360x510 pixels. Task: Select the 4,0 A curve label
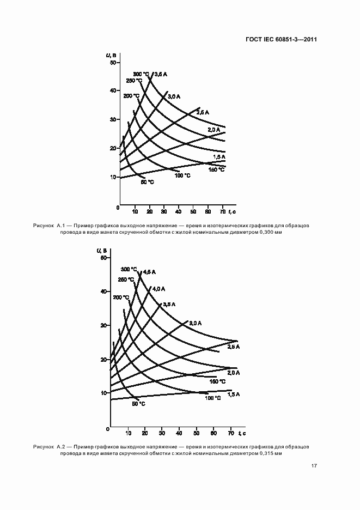[x=158, y=288]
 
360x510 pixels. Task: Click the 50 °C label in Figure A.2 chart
[x=138, y=404]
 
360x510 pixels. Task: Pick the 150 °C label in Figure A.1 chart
[x=217, y=169]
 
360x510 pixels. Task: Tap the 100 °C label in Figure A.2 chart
[x=212, y=398]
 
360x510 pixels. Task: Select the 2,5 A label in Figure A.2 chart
[x=234, y=347]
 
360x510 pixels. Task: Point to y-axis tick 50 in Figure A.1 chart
[x=113, y=63]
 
